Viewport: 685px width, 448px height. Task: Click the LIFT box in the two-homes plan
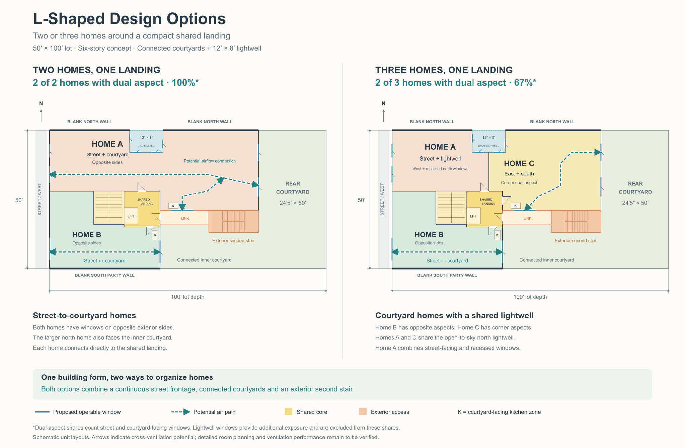131,216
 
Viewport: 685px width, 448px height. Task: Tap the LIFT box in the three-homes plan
473,216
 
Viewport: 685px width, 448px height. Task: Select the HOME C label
519,163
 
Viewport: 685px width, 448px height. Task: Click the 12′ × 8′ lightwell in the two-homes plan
146,141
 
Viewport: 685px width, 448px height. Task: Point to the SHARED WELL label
488,146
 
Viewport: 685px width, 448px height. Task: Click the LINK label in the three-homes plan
527,218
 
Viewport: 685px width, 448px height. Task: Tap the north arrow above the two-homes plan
41,116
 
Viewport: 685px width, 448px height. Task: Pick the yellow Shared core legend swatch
288,412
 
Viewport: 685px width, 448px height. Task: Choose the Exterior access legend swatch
363,412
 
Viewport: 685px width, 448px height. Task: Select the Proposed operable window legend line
42,412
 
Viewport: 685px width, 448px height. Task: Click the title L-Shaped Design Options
129,19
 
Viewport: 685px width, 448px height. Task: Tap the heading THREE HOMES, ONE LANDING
444,70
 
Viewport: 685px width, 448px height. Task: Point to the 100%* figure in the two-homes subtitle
185,83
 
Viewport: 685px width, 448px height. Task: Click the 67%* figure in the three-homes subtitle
525,83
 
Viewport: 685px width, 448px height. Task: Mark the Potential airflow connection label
210,161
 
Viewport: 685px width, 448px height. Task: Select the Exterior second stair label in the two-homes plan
233,240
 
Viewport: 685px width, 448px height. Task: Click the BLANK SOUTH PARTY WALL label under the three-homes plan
447,275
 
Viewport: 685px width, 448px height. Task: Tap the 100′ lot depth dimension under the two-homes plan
187,297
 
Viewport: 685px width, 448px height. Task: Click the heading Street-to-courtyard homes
84,315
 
